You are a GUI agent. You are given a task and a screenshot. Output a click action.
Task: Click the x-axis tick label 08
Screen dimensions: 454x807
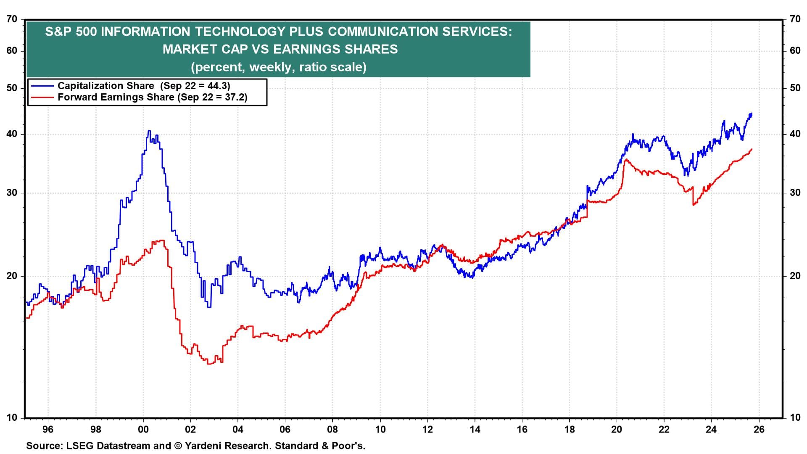tap(332, 429)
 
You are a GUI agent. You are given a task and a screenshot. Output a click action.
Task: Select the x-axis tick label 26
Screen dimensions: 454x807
tap(759, 429)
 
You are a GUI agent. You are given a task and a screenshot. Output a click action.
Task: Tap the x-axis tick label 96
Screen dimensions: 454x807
tap(48, 429)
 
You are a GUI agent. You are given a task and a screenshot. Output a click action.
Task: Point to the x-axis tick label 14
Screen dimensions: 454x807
tap(475, 429)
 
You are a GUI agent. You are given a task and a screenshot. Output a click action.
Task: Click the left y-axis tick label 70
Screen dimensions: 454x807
tap(12, 19)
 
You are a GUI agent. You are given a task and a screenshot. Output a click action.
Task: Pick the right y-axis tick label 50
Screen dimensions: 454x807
tap(795, 88)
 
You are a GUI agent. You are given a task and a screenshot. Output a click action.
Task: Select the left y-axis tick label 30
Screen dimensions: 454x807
tap(12, 193)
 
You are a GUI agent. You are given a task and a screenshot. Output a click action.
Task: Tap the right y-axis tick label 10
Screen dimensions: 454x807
tap(795, 418)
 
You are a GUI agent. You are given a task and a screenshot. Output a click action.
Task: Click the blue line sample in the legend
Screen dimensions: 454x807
tap(42, 86)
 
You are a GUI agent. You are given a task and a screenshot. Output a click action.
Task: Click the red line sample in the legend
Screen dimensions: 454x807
tap(42, 98)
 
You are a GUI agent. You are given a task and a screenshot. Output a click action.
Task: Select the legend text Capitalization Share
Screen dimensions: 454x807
tap(105, 86)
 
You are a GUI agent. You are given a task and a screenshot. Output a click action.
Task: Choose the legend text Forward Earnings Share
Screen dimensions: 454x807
tap(116, 98)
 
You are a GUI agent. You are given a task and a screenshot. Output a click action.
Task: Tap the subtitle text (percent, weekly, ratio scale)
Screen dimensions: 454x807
tap(278, 67)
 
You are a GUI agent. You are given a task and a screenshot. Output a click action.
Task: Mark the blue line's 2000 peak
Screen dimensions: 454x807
tap(149, 131)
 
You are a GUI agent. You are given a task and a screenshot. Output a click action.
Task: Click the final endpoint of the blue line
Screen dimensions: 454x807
tap(752, 113)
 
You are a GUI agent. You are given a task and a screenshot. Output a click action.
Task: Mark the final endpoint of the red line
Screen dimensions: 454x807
tap(752, 149)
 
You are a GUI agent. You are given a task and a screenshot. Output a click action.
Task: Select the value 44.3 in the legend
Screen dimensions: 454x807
tap(219, 86)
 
